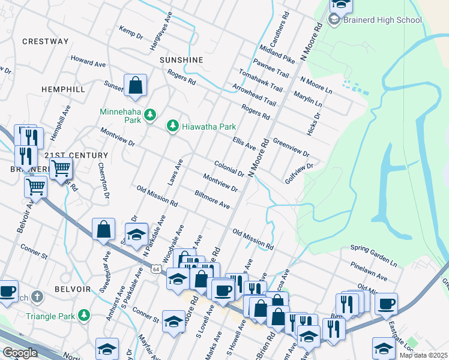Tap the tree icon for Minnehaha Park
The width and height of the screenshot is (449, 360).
click(x=150, y=115)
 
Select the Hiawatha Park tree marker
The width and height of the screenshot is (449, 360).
click(x=173, y=126)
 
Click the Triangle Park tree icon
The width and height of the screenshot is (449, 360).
click(x=85, y=314)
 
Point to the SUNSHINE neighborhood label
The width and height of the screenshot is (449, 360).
click(x=181, y=61)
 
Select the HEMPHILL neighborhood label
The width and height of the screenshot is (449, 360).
click(x=63, y=89)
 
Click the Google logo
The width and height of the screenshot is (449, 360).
click(x=20, y=353)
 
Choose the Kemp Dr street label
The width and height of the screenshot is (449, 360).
click(x=131, y=33)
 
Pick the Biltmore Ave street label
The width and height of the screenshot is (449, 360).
click(x=212, y=200)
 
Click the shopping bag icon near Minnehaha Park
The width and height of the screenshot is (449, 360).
click(x=136, y=86)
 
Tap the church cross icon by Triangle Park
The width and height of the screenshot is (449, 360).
click(x=37, y=296)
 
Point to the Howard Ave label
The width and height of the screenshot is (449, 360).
click(x=88, y=62)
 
